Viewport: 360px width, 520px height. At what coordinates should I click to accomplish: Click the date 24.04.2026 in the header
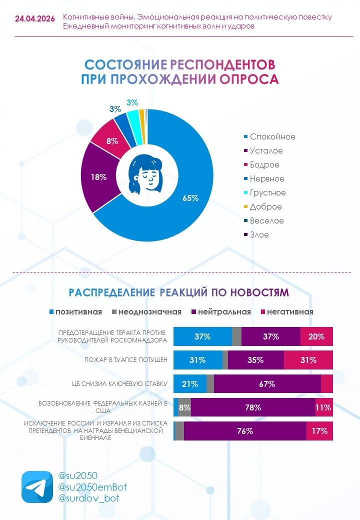(x=35, y=19)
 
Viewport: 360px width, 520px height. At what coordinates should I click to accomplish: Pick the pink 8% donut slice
(x=111, y=139)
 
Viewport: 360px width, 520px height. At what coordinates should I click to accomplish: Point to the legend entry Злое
(x=256, y=235)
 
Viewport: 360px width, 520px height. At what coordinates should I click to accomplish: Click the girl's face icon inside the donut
(x=146, y=174)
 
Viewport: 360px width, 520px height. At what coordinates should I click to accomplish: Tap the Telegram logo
(x=37, y=487)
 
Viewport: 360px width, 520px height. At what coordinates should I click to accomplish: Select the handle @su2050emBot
(x=92, y=487)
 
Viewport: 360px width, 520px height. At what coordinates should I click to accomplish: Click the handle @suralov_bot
(x=88, y=498)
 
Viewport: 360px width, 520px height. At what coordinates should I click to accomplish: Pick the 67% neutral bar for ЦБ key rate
(x=267, y=384)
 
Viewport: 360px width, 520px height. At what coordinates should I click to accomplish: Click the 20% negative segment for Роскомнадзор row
(x=316, y=336)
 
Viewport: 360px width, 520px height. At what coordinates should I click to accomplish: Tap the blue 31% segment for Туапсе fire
(x=198, y=360)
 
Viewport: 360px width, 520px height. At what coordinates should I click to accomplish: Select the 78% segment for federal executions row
(x=253, y=407)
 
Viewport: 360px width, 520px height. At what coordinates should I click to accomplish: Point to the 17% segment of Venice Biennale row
(x=319, y=431)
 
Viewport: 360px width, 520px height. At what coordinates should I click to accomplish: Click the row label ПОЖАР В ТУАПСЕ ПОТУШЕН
(x=126, y=360)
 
